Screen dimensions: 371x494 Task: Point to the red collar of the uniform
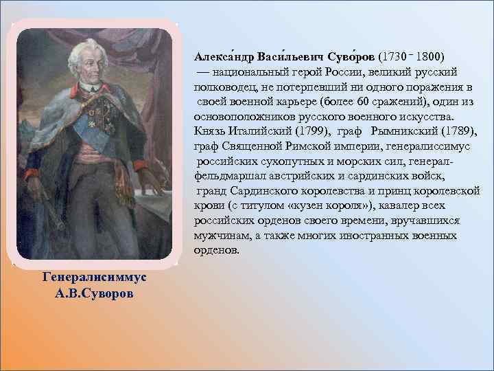tap(83, 88)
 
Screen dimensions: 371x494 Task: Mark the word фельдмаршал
tap(226, 175)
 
